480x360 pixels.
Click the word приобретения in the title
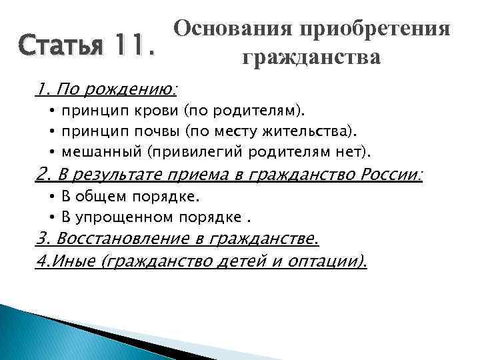375,28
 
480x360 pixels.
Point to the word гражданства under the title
311,57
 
